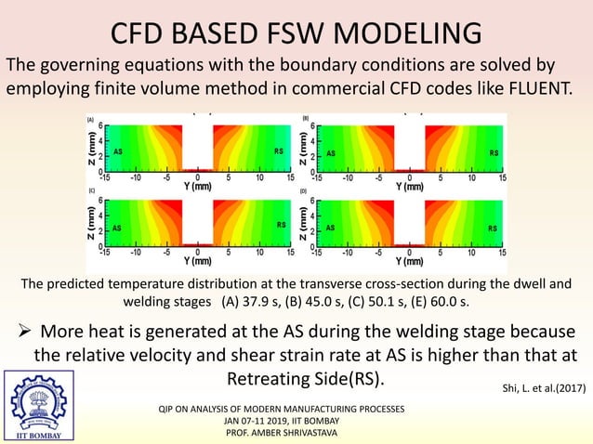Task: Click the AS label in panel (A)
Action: pos(117,150)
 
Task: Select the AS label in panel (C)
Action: pos(117,226)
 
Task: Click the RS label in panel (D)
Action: pos(493,228)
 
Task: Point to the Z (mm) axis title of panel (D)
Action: pos(304,221)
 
